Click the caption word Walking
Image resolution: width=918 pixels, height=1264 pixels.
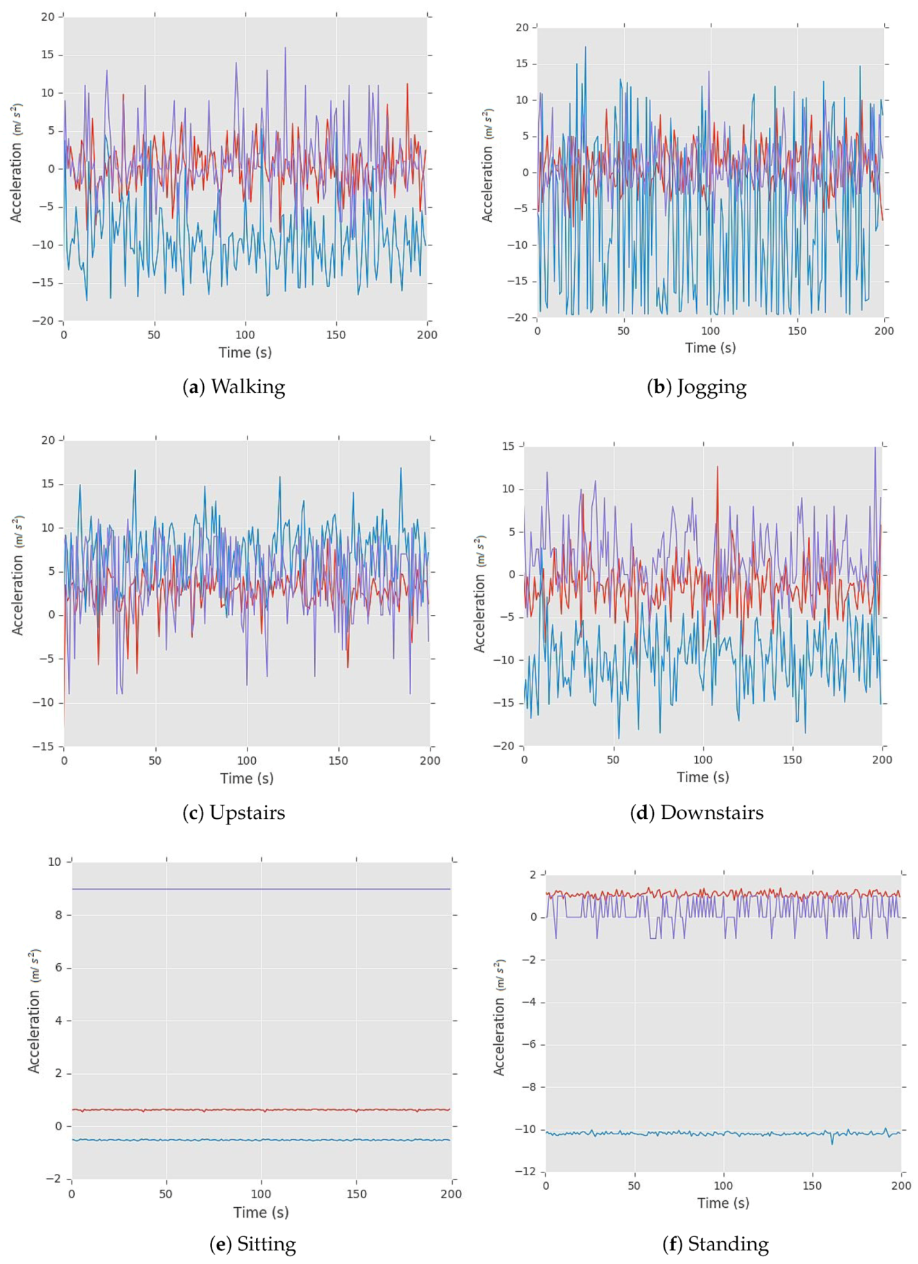click(248, 386)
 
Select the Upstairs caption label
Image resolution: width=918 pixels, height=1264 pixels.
click(247, 812)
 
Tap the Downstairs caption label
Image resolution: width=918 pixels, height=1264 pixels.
click(711, 812)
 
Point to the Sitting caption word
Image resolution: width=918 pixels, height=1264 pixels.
click(266, 1244)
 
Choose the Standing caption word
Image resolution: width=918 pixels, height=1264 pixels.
click(728, 1244)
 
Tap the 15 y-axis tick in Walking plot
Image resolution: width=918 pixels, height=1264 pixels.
click(47, 55)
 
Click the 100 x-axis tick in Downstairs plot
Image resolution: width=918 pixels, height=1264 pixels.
click(703, 760)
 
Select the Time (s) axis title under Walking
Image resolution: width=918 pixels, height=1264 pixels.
click(245, 352)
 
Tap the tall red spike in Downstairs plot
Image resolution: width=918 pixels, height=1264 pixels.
click(718, 467)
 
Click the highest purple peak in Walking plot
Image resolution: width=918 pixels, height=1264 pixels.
click(286, 49)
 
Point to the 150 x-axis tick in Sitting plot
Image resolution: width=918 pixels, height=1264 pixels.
click(356, 1194)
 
